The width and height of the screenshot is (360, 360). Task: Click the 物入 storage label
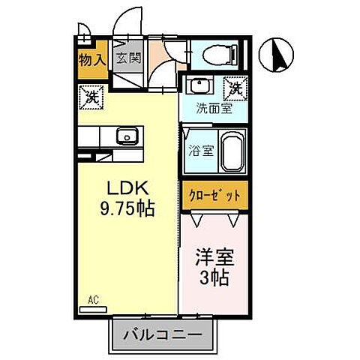coord(92,58)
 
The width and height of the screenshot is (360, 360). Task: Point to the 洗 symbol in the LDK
coord(90,96)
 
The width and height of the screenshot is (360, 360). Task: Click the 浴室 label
coord(201,148)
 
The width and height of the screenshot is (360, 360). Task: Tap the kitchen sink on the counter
coord(125,136)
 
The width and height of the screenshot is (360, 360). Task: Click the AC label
coord(94,300)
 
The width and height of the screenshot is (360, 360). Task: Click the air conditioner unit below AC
coord(93,308)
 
